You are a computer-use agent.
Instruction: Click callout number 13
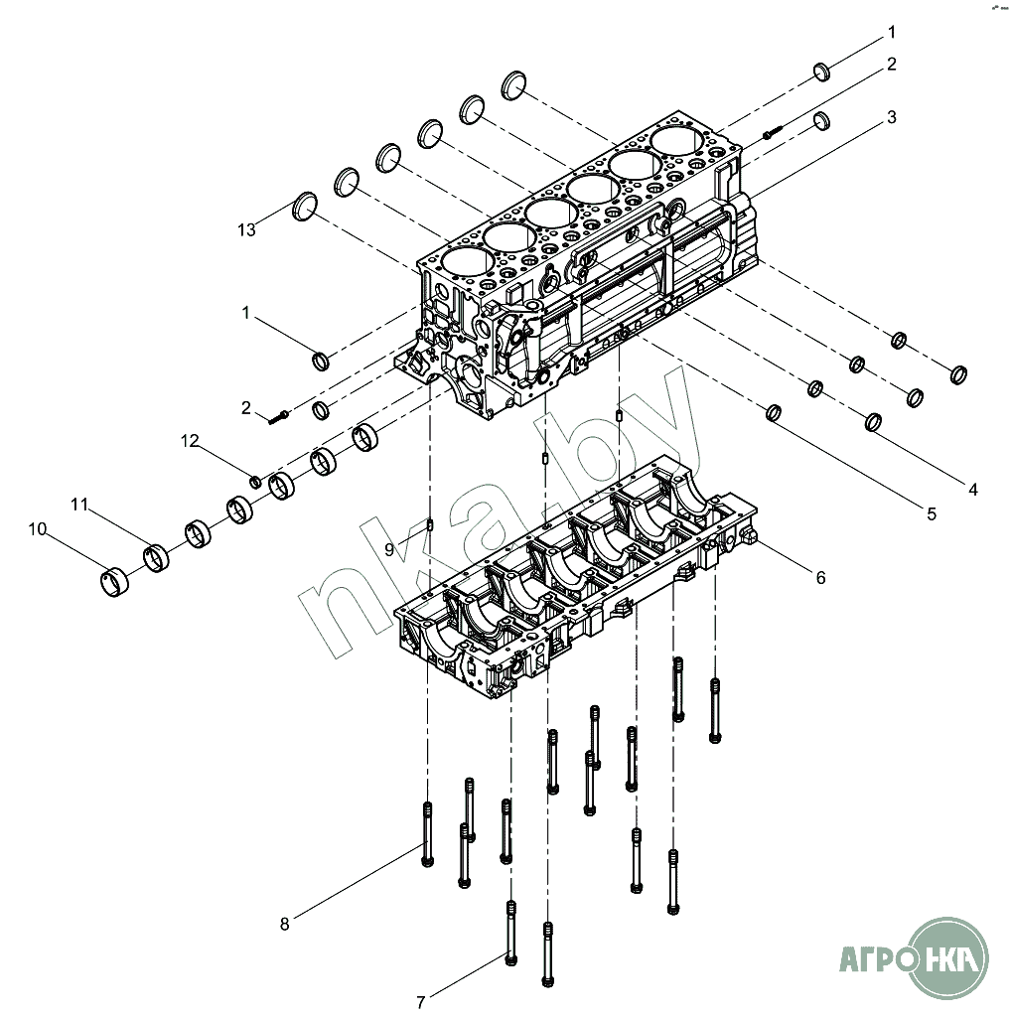click(x=246, y=230)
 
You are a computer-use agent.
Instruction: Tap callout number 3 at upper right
click(x=891, y=117)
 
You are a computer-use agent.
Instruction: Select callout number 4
click(x=972, y=489)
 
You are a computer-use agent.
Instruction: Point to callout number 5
click(x=931, y=513)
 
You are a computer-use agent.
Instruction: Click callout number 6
click(x=820, y=576)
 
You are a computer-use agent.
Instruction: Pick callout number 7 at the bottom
click(x=421, y=1002)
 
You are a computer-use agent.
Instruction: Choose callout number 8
click(x=284, y=924)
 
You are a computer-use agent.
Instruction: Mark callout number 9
click(x=390, y=548)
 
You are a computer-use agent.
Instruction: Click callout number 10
click(x=38, y=529)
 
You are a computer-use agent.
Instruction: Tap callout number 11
click(x=79, y=506)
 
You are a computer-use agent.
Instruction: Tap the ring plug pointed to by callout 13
click(x=305, y=207)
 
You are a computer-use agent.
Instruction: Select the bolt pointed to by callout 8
click(x=427, y=834)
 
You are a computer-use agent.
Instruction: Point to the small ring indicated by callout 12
click(x=255, y=483)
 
